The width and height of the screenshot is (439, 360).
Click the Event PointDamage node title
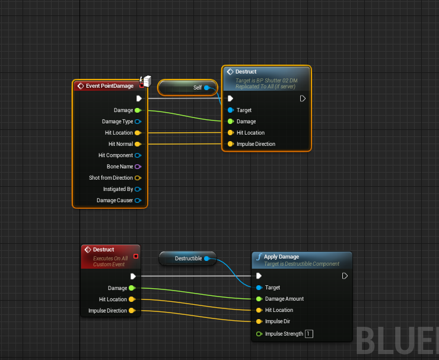(x=109, y=86)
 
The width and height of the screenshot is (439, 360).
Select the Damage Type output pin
(x=138, y=122)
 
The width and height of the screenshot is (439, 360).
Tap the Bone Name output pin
(x=138, y=167)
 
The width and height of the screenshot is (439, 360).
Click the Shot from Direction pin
(x=138, y=178)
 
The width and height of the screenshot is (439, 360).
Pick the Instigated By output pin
(x=138, y=189)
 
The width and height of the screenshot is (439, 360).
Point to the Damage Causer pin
(x=138, y=200)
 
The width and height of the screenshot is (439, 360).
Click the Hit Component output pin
(x=138, y=155)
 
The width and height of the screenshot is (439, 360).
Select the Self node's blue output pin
(x=206, y=88)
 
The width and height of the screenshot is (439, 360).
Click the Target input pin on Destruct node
(x=230, y=110)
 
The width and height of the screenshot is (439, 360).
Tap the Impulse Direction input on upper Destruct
(x=230, y=144)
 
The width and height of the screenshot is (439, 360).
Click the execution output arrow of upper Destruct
(x=303, y=98)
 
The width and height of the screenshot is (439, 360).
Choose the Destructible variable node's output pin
(x=206, y=259)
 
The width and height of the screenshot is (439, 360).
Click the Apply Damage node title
(x=281, y=257)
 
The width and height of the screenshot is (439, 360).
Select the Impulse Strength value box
(x=308, y=334)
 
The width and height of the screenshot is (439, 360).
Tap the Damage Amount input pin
(x=259, y=299)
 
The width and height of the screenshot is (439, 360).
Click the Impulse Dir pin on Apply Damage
(x=259, y=321)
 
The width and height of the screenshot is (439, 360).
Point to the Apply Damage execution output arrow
(x=345, y=276)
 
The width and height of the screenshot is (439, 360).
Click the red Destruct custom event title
(x=104, y=250)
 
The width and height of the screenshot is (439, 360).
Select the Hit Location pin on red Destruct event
(x=132, y=300)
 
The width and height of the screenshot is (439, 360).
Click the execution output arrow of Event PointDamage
(x=139, y=98)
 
